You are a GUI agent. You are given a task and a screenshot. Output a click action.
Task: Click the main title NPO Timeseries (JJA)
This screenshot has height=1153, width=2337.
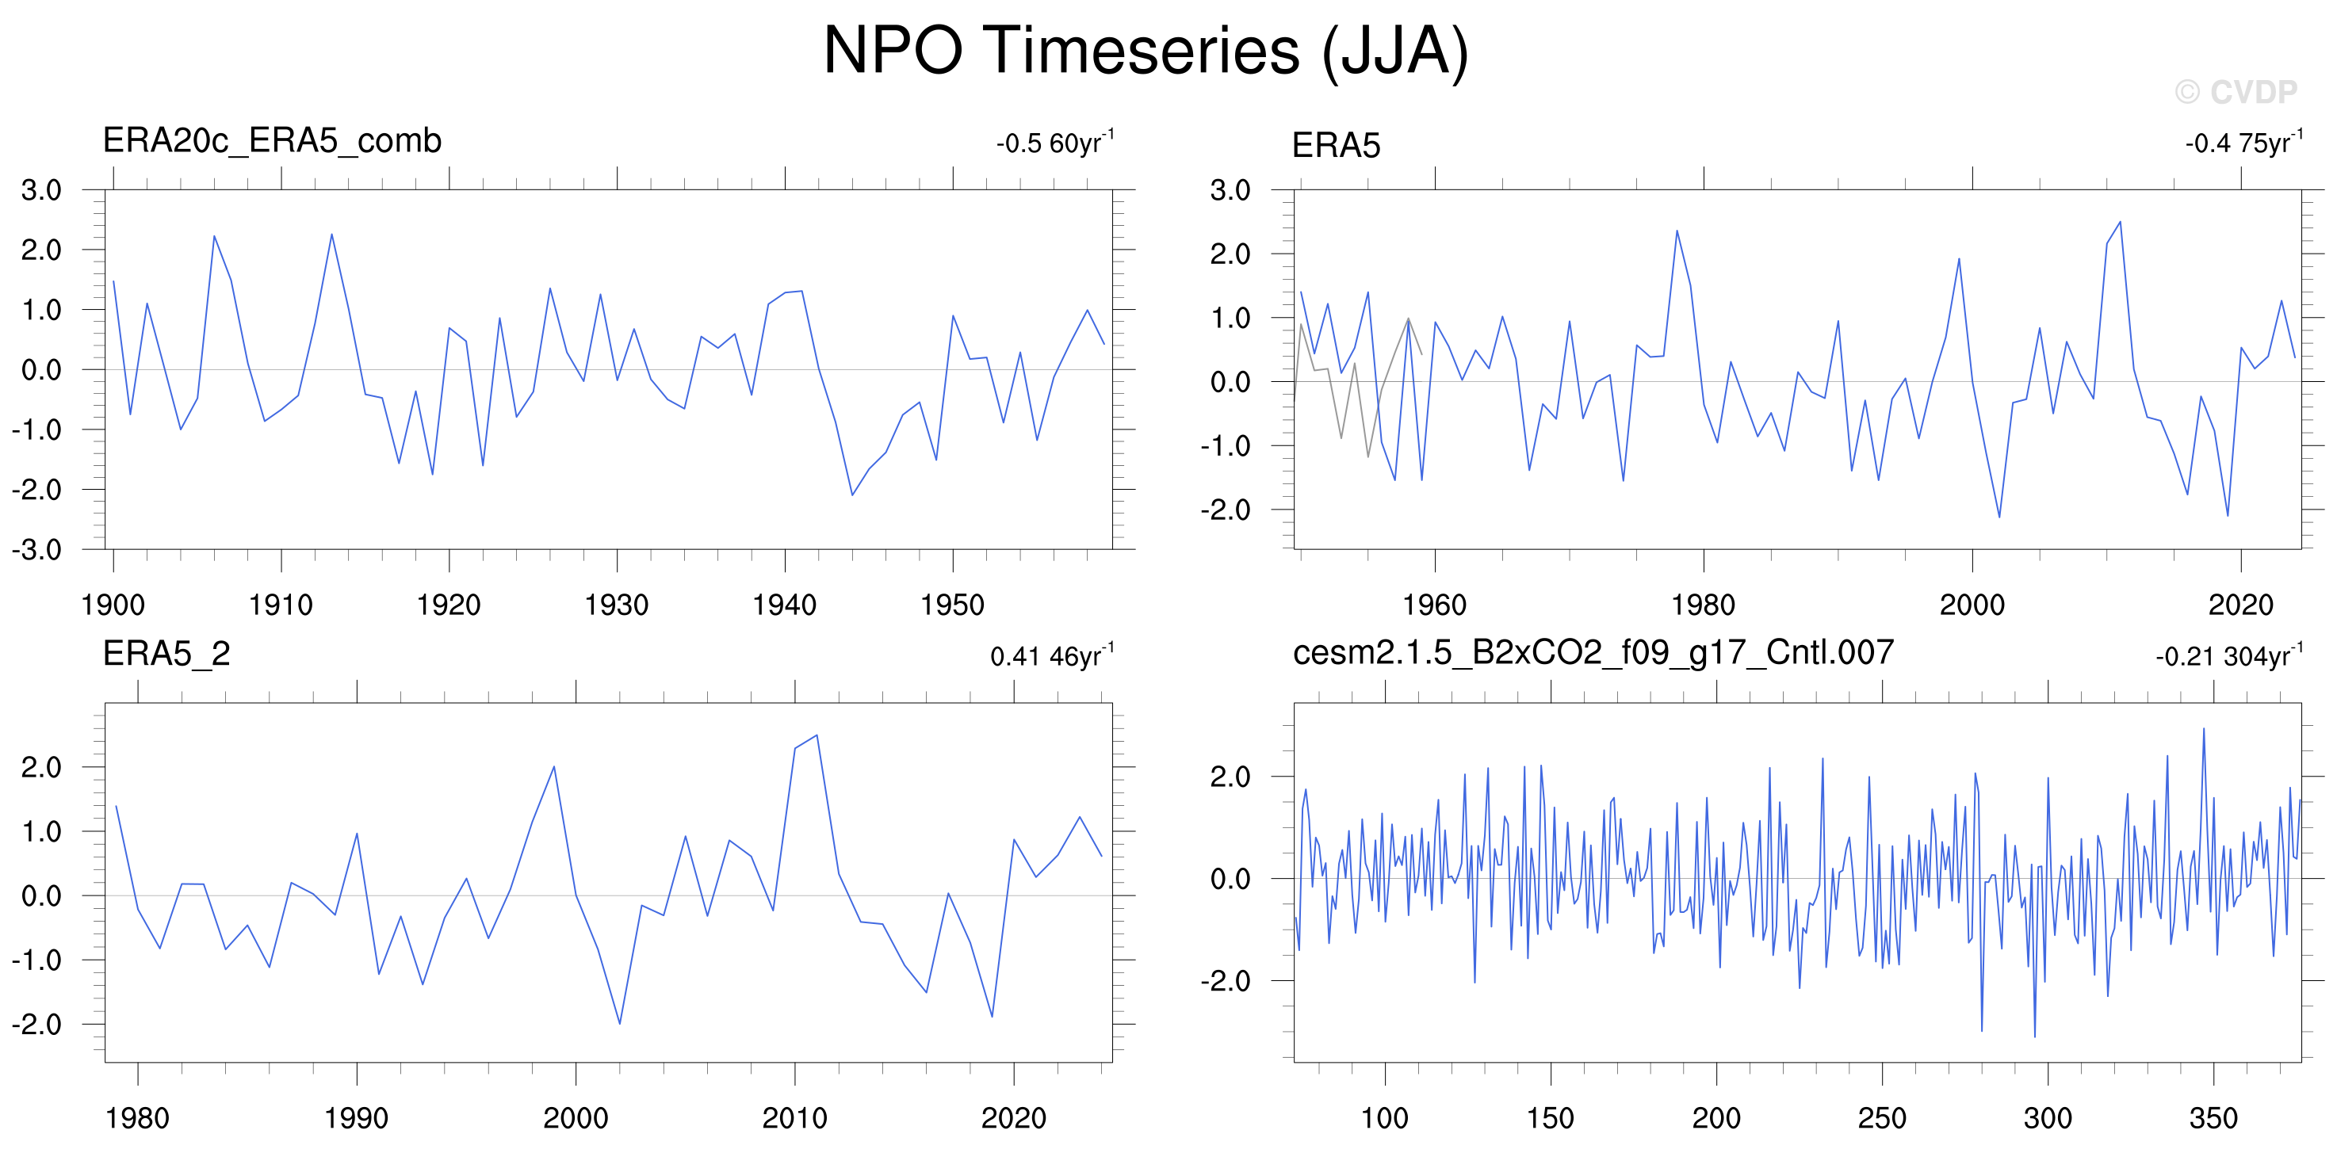1145,51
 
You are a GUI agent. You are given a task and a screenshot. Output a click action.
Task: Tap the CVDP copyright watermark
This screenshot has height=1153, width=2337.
2236,92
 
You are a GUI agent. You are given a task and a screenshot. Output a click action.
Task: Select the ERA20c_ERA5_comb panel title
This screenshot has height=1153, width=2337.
272,140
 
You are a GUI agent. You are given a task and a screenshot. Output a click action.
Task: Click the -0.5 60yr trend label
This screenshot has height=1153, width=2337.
1055,142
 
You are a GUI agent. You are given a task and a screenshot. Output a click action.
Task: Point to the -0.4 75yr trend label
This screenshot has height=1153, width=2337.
2243,142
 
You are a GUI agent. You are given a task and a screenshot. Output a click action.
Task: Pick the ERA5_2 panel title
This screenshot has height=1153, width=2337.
167,653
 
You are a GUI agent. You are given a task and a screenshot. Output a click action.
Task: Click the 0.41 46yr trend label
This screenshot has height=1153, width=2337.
1053,655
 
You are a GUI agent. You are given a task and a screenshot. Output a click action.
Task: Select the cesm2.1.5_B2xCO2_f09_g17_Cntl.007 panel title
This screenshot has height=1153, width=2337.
1593,652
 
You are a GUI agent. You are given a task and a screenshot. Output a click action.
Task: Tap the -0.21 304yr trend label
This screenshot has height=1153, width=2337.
2229,655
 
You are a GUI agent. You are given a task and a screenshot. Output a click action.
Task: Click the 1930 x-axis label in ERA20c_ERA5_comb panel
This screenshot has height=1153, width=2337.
617,605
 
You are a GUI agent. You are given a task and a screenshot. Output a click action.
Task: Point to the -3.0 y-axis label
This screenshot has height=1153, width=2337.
36,550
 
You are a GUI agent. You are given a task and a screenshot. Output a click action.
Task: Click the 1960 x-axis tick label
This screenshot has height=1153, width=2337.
1434,605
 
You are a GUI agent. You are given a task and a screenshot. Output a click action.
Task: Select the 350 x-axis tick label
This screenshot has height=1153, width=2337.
2213,1117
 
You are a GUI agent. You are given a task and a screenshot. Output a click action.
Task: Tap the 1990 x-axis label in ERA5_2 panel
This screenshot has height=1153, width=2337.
357,1117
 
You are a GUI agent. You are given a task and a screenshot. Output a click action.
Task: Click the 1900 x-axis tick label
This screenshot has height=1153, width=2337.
113,605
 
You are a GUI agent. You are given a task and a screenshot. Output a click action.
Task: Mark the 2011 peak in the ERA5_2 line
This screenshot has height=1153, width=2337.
817,735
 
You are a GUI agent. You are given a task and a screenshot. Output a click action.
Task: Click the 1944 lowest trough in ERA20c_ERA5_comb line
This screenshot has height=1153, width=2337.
852,494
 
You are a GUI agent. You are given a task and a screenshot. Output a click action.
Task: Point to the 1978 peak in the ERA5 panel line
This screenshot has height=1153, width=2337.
1677,231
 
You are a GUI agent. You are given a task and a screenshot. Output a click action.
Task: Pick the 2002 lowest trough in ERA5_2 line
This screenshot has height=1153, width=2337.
620,1024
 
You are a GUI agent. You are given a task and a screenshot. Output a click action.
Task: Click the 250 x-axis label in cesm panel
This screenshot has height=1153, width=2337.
1883,1117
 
